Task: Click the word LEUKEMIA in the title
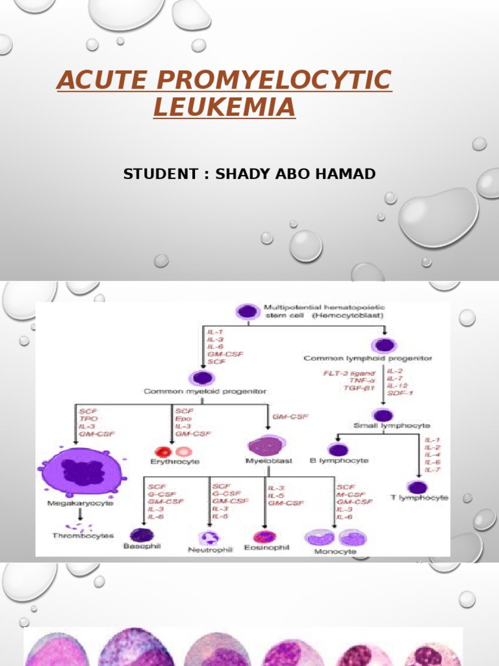coord(224,106)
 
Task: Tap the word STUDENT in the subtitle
coord(160,174)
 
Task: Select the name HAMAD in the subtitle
coord(345,174)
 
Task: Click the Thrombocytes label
coord(83,536)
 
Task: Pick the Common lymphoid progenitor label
coord(368,358)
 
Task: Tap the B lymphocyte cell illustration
coord(338,449)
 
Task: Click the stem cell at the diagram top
coord(246,312)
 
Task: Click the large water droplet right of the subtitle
coord(439,217)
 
